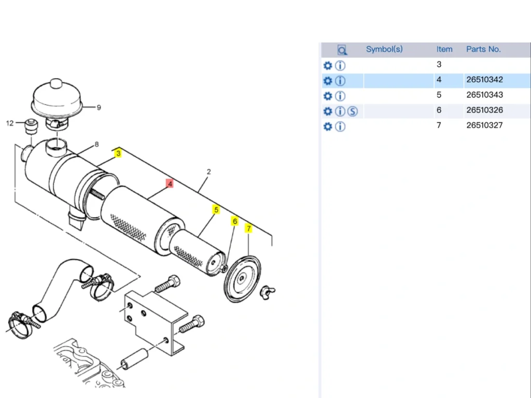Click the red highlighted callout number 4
(170, 183)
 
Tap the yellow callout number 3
(118, 153)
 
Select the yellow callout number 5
(216, 210)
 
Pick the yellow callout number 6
(234, 221)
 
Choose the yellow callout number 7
(248, 229)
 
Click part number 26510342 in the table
(484, 80)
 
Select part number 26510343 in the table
(484, 95)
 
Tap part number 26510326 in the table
(484, 110)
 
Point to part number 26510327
(484, 125)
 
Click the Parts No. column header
(483, 49)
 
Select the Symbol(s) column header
(384, 49)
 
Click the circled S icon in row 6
(353, 111)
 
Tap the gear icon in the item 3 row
(327, 66)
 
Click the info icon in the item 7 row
(340, 126)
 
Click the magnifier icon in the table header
(342, 50)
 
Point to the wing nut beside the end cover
(269, 290)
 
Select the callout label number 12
(10, 123)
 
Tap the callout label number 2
(208, 172)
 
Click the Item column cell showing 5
(439, 95)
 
